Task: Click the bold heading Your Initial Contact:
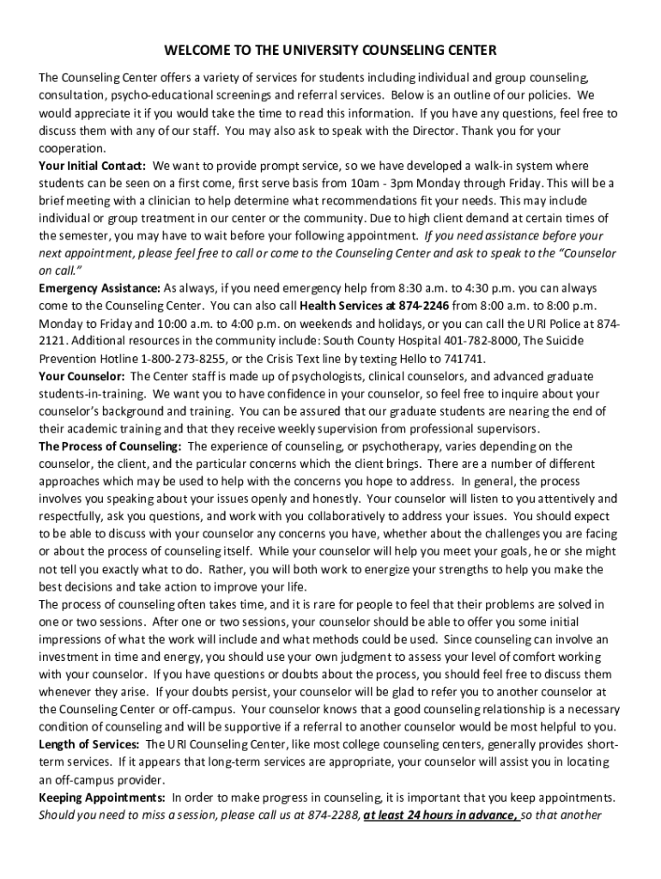pyautogui.click(x=92, y=165)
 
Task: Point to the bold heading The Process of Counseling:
pyautogui.click(x=110, y=446)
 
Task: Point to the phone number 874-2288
pyautogui.click(x=330, y=815)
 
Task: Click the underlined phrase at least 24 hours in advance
pyautogui.click(x=440, y=815)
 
